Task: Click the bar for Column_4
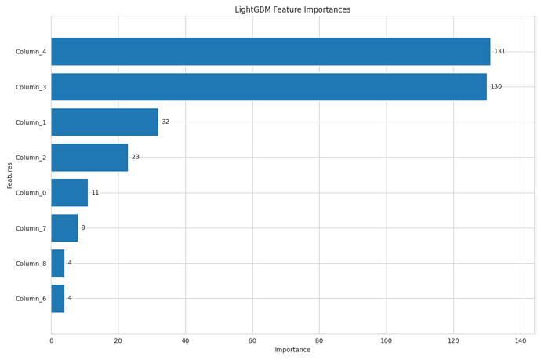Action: click(x=270, y=51)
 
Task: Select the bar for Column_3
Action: click(x=269, y=86)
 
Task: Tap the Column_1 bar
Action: click(x=104, y=122)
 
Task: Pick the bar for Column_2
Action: click(x=89, y=157)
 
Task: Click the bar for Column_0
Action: click(x=69, y=192)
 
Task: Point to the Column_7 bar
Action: click(x=64, y=227)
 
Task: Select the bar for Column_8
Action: click(x=58, y=263)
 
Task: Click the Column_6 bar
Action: click(x=58, y=298)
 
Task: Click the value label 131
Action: click(x=499, y=51)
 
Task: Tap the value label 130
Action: click(x=496, y=86)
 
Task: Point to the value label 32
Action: click(x=165, y=122)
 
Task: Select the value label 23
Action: click(x=136, y=157)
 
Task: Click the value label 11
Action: click(x=95, y=192)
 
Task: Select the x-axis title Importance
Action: click(x=292, y=350)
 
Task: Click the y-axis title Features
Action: click(x=9, y=175)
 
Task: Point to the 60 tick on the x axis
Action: click(x=252, y=340)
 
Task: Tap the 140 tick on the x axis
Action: click(x=521, y=340)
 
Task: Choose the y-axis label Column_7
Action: click(x=31, y=228)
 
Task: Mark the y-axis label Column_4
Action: click(x=31, y=52)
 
